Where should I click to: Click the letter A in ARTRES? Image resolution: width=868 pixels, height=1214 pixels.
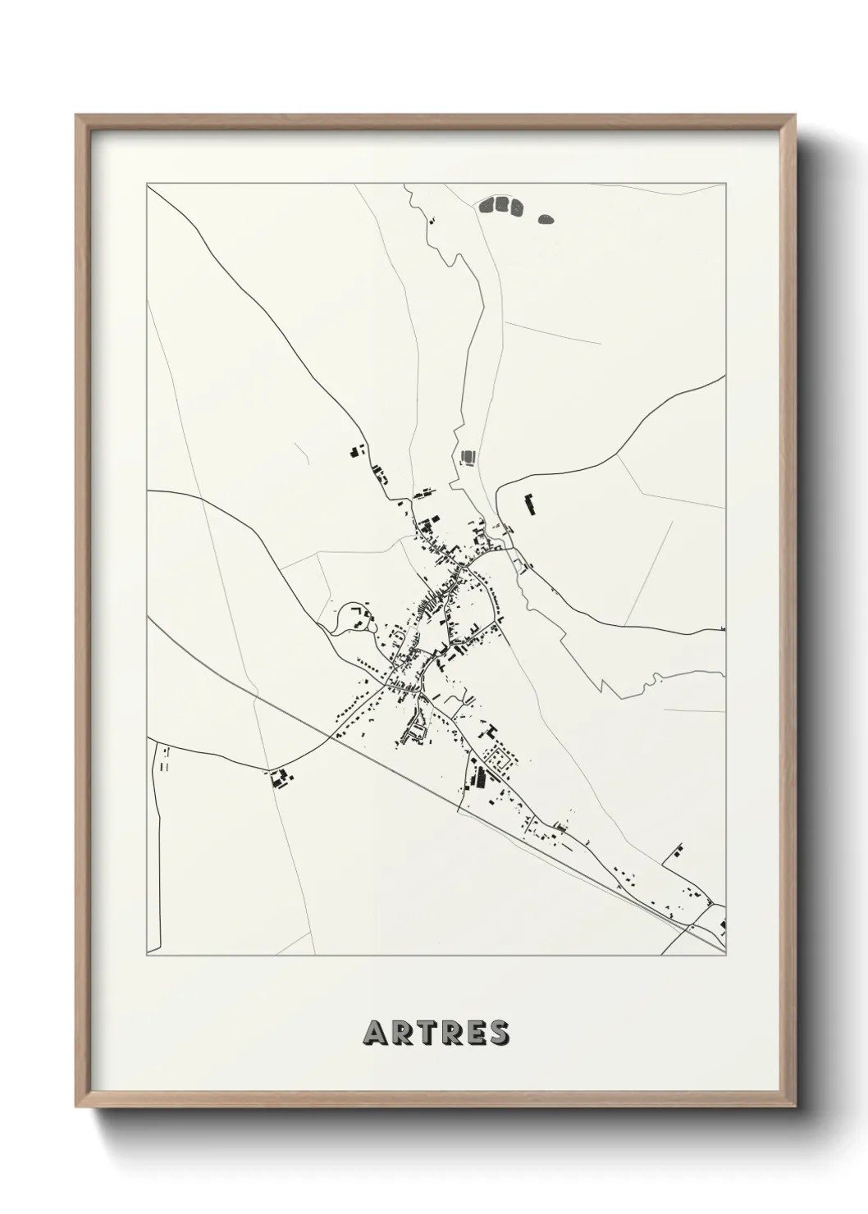point(374,1034)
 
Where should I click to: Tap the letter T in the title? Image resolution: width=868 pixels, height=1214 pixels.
point(423,1034)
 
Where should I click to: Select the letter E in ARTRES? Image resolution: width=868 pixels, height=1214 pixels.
point(473,1034)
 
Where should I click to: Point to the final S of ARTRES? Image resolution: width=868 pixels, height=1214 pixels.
point(497,1034)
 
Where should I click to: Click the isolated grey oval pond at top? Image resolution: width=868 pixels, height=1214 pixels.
point(546,219)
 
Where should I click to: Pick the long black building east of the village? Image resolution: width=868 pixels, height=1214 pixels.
point(530,505)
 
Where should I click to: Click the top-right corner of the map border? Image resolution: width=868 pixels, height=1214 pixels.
point(726,185)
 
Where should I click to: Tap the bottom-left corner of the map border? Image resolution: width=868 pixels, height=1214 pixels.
point(147,956)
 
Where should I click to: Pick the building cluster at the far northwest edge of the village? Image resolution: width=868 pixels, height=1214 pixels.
point(358,451)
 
